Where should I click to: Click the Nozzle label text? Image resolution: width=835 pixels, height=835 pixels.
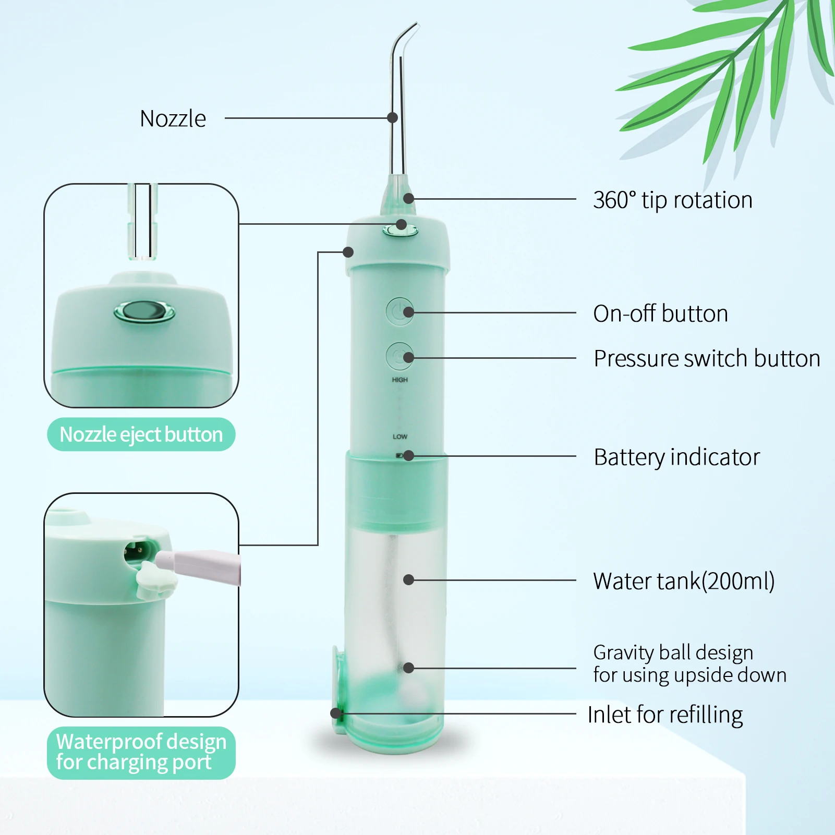click(173, 119)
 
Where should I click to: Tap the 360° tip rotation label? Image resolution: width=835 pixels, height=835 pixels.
click(672, 200)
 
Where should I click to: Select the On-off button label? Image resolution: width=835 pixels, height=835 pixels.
click(660, 314)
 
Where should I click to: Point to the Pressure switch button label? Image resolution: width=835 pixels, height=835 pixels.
click(707, 359)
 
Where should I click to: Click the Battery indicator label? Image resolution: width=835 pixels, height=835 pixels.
click(676, 457)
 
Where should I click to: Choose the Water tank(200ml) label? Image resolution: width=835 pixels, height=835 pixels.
click(683, 581)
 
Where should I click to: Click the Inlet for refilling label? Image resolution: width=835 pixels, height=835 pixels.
click(665, 715)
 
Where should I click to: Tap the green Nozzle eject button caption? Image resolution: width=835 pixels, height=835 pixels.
click(141, 434)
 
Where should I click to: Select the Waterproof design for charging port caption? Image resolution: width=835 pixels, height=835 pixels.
click(141, 752)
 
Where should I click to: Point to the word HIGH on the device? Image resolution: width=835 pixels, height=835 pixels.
click(400, 380)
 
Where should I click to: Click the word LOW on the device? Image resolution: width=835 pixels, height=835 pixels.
click(400, 437)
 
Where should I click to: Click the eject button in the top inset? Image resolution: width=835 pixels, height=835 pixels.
click(144, 312)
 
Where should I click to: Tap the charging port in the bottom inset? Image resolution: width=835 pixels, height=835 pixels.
click(139, 551)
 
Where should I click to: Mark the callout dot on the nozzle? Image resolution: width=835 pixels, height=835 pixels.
click(393, 118)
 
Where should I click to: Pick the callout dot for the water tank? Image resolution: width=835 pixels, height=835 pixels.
click(409, 580)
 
